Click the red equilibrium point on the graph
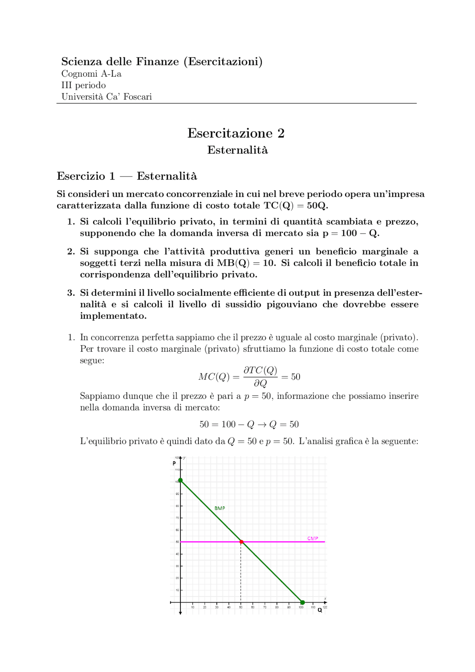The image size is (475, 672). (242, 542)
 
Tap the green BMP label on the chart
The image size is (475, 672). (220, 508)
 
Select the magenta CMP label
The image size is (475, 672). (312, 538)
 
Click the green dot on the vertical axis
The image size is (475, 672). (180, 480)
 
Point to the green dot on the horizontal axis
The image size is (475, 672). (302, 602)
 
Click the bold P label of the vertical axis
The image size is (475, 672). (174, 463)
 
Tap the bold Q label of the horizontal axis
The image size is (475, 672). (320, 610)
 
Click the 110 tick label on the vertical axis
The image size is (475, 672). (177, 470)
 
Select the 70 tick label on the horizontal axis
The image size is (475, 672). (265, 607)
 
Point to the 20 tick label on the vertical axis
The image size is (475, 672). (177, 578)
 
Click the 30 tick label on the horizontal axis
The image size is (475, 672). (217, 607)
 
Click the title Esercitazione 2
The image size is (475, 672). (236, 133)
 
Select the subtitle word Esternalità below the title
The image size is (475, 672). (237, 150)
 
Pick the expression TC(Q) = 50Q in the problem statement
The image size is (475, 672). (296, 206)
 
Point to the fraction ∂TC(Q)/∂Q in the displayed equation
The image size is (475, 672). (260, 377)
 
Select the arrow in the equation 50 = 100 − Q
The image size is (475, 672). (262, 424)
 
